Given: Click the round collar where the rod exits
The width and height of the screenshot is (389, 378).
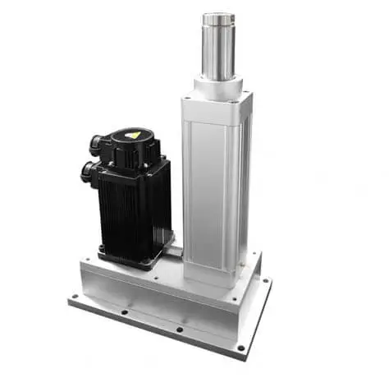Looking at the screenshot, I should point(218,84).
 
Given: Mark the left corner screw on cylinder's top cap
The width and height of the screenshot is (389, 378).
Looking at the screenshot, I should point(188,99).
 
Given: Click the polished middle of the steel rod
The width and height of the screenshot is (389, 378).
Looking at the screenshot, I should point(218,49).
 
